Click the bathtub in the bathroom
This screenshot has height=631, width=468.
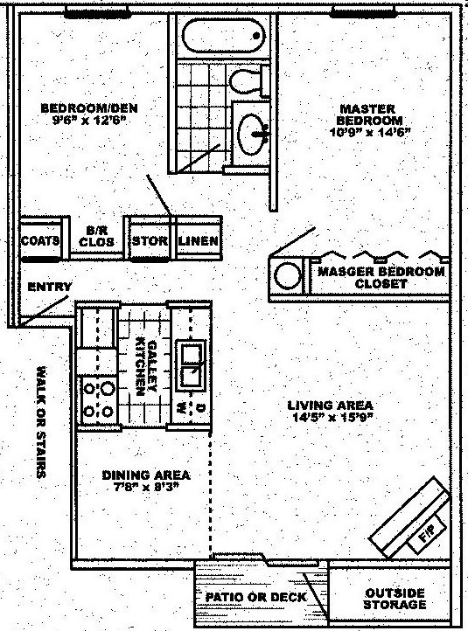tap(223, 38)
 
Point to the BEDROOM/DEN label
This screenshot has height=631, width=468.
tap(89, 113)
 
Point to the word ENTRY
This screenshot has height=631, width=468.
tap(50, 287)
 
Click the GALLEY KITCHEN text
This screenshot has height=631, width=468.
tap(143, 367)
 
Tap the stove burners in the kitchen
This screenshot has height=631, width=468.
tap(98, 398)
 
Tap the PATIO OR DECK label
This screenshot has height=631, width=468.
tap(255, 598)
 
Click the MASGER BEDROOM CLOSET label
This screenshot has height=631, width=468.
tap(381, 278)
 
